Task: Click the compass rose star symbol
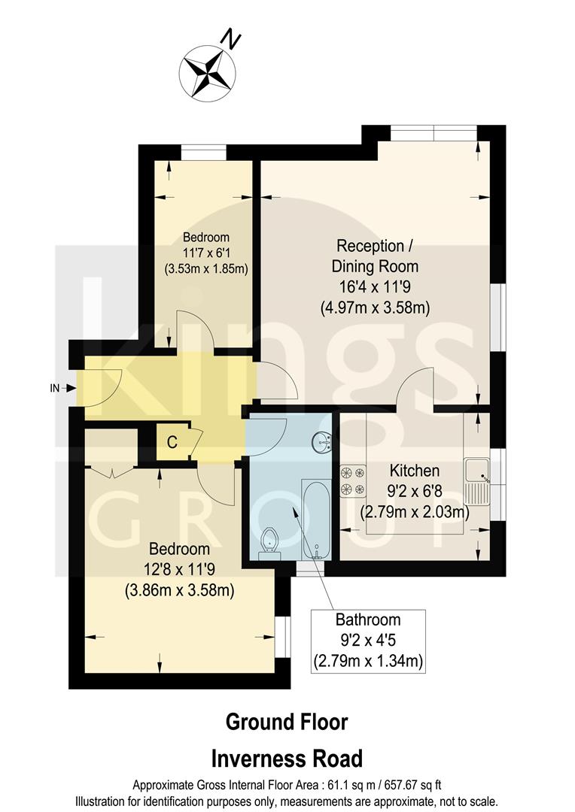[207, 71]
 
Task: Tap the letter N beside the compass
[233, 38]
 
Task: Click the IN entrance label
[54, 388]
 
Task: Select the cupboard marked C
[172, 442]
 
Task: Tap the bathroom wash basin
[324, 441]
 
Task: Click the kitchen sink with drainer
[477, 481]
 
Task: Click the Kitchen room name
[414, 471]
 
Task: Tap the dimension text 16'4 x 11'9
[376, 287]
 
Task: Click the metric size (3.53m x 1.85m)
[206, 268]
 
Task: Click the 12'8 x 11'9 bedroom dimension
[178, 570]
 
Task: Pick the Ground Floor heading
[287, 723]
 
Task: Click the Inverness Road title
[287, 758]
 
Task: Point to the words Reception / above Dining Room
[375, 246]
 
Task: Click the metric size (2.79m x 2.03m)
[414, 513]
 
